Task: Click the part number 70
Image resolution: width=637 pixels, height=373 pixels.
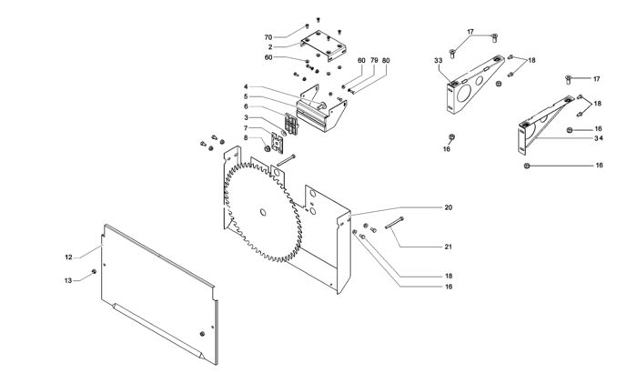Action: pos(268,37)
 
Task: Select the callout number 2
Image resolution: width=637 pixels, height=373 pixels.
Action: pos(270,46)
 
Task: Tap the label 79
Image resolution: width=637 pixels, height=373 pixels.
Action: pos(373,61)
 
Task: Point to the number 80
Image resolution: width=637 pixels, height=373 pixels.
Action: pos(386,61)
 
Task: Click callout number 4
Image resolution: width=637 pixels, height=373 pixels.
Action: pos(246,87)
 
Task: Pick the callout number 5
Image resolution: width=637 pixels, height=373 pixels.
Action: pos(246,96)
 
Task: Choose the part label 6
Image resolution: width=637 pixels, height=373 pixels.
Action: pos(246,106)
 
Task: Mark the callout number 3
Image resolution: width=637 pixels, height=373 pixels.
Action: pos(246,117)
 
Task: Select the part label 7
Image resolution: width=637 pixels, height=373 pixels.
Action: pos(246,128)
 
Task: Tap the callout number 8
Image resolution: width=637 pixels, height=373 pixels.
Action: pos(246,138)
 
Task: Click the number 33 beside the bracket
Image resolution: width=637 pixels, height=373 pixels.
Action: pos(439,61)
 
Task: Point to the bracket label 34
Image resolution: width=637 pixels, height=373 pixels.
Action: pos(598,138)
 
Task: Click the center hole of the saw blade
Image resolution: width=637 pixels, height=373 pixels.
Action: pos(262,214)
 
